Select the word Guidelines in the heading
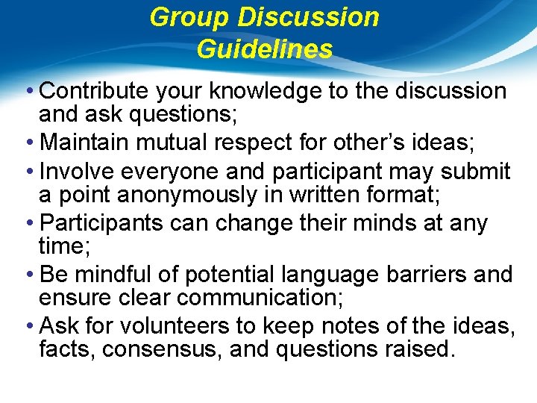click(265, 49)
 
